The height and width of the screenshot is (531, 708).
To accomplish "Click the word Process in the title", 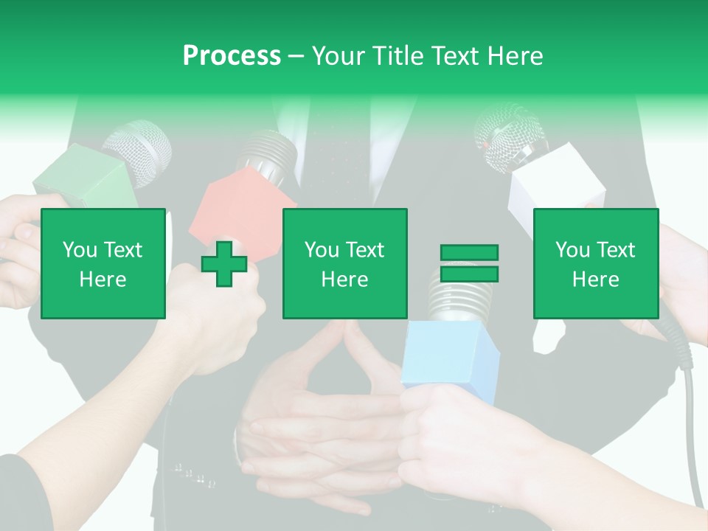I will (x=232, y=56).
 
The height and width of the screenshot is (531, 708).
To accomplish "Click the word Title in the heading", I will (x=399, y=56).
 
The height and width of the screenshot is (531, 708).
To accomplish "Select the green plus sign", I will (x=224, y=264).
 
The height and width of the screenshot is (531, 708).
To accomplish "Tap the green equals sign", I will (x=469, y=263).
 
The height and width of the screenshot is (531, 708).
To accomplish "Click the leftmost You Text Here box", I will (x=103, y=263).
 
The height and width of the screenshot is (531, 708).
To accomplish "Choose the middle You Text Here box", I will (x=344, y=263).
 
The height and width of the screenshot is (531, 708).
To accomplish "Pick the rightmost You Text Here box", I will (x=595, y=263).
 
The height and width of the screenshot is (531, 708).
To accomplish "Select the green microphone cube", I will (x=81, y=177).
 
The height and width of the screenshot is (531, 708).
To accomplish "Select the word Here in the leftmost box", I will (x=103, y=279).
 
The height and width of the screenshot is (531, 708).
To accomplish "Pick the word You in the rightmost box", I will (x=572, y=250).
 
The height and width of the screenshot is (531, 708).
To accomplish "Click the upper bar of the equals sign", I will (x=469, y=253).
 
